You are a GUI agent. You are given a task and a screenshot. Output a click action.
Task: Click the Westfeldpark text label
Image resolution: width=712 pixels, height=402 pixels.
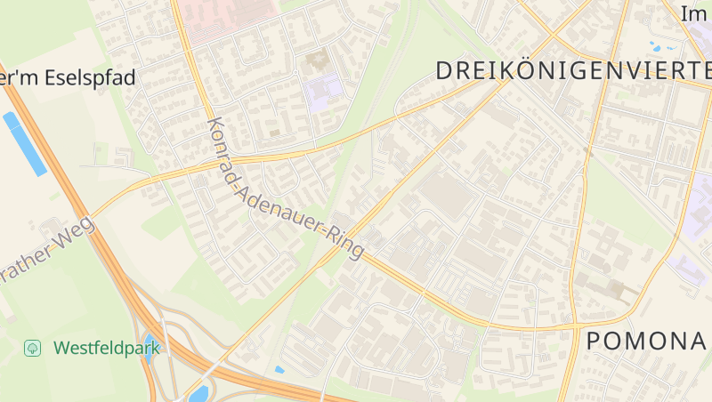107,347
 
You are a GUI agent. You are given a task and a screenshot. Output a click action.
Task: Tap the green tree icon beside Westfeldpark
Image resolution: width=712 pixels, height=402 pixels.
33,348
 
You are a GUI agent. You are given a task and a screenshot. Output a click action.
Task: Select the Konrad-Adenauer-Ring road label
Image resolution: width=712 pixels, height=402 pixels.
285,189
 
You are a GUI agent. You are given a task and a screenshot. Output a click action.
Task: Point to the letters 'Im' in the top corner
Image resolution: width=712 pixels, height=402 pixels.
693,13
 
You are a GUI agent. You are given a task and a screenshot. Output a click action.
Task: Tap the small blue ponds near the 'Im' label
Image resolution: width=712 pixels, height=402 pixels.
664,44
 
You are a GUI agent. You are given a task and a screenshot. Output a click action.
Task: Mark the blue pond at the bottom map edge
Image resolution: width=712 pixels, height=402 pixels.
198,393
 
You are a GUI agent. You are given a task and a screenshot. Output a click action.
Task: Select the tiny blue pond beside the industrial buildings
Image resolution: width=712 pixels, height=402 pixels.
279,369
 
